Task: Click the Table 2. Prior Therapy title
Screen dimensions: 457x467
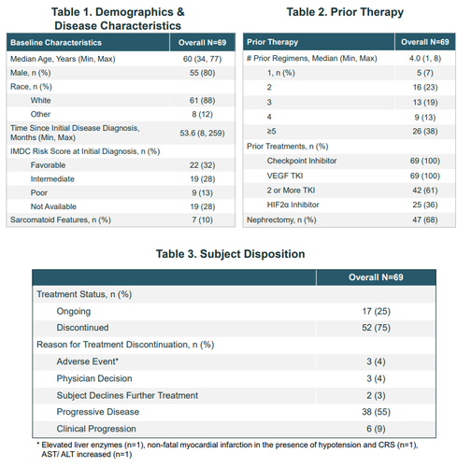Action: (345, 12)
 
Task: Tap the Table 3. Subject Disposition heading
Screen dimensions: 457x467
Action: (230, 254)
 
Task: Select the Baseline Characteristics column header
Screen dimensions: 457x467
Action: (56, 43)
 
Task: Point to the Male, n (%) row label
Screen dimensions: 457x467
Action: (31, 73)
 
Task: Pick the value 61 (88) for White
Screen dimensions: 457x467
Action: (202, 100)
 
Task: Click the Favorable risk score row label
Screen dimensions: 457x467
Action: (48, 165)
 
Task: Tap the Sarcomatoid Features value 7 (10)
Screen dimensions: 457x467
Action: (202, 219)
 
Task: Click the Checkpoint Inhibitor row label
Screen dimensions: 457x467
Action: (302, 161)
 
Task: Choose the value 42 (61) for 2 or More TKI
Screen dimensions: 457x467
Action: (425, 191)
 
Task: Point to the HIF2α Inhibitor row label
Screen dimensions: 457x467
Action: (293, 205)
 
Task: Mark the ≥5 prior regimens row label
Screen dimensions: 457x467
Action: (271, 131)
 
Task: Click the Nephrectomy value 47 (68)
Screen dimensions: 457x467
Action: (425, 219)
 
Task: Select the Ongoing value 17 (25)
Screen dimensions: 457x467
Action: (376, 311)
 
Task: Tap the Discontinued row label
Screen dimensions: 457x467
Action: (82, 328)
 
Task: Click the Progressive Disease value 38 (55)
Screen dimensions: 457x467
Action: (376, 412)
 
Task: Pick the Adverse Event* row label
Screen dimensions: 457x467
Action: (88, 361)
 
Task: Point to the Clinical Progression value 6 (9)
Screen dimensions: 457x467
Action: (376, 429)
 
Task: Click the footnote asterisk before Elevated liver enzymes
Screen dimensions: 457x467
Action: (38, 444)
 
